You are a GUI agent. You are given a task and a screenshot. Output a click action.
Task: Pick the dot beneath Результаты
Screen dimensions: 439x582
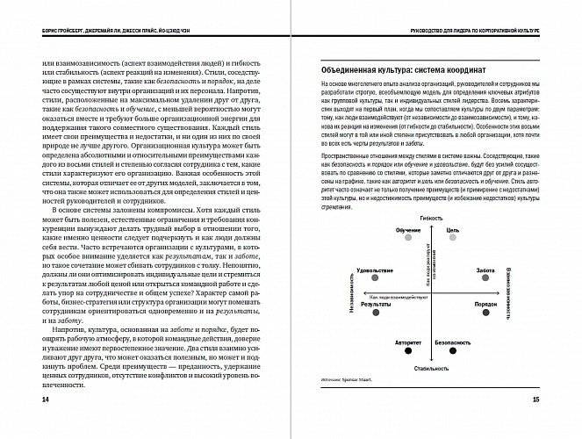(x=376, y=312)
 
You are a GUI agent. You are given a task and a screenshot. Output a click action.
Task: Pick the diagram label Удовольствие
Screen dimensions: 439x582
(x=376, y=269)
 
